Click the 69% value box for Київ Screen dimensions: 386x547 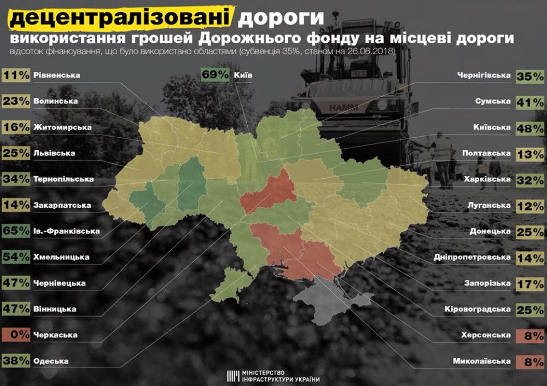tap(215, 75)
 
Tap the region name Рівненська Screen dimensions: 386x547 tap(56, 75)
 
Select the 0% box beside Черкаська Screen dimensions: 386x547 tap(16, 335)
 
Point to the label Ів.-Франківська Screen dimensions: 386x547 tap(66, 231)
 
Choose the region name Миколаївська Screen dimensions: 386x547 tap(482, 361)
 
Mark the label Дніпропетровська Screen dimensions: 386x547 tap(472, 257)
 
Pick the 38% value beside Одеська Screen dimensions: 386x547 tap(16, 361)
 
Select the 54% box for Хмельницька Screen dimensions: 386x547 tap(16, 257)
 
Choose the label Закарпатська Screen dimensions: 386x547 tap(62, 206)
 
